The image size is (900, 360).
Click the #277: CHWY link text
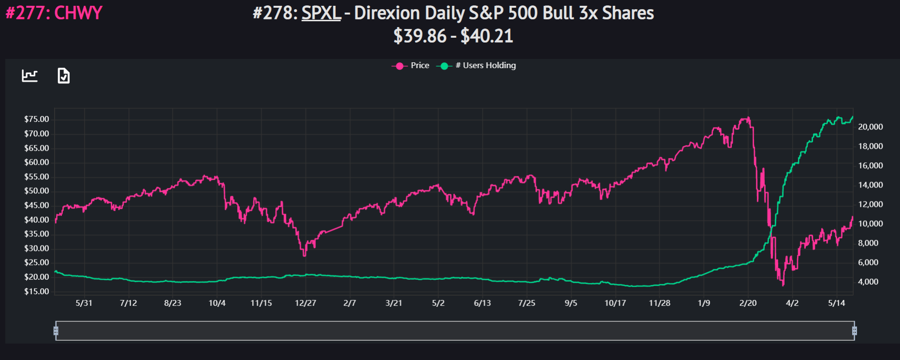click(54, 13)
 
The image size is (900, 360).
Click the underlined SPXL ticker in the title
click(321, 14)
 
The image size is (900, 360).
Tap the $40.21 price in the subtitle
click(486, 36)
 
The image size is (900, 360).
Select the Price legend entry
click(411, 66)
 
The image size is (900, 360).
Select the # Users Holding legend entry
click(476, 66)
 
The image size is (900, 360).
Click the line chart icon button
click(30, 76)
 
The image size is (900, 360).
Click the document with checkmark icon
click(64, 76)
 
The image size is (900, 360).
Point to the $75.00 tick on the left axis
click(37, 119)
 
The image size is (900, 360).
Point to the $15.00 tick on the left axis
click(37, 291)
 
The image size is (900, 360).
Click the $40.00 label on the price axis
click(37, 220)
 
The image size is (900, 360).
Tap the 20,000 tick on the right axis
click(871, 127)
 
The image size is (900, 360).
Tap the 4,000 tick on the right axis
click(868, 282)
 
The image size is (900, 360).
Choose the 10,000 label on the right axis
click(871, 224)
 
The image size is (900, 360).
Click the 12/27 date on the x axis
click(305, 303)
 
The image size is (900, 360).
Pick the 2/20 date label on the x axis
click(748, 303)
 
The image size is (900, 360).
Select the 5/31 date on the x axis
click(84, 303)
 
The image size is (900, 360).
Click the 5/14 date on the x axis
click(837, 303)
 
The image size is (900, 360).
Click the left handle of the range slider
click(56, 331)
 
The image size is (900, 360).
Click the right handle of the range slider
click(855, 331)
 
